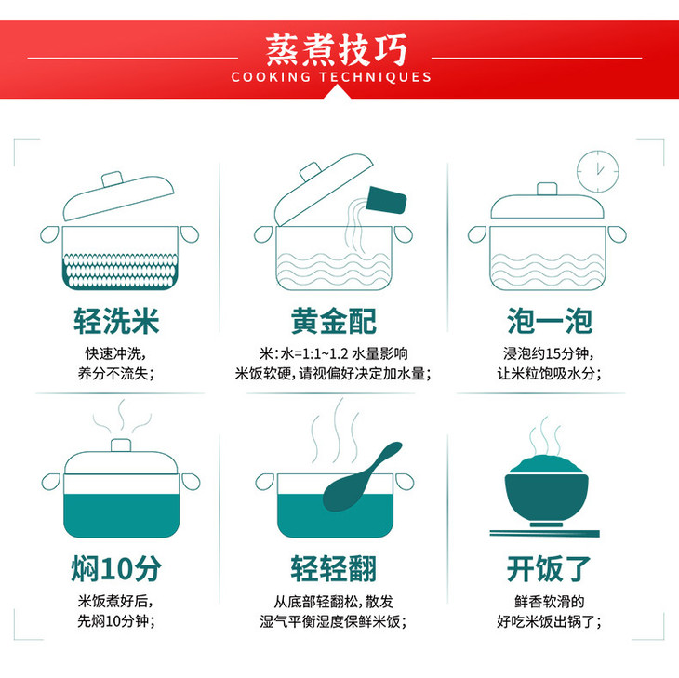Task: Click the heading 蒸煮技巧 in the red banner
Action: point(337,50)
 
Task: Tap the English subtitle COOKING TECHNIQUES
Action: point(331,77)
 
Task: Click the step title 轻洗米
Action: point(116,321)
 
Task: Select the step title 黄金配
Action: point(333,321)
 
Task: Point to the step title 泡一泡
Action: point(550,321)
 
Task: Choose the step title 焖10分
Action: point(116,568)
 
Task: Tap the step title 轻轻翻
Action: point(333,568)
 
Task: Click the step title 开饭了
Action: point(549,568)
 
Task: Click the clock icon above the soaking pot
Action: point(598,171)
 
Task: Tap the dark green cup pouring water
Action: point(386,201)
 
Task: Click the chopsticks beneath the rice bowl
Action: point(545,533)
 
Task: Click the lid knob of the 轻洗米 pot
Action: point(113,179)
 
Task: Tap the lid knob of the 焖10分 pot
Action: point(121,445)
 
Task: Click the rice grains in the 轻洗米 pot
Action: point(120,271)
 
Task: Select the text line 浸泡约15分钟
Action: point(548,353)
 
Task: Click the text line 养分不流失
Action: point(116,373)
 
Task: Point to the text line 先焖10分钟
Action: point(116,621)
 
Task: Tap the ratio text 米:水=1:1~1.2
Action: point(303,353)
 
